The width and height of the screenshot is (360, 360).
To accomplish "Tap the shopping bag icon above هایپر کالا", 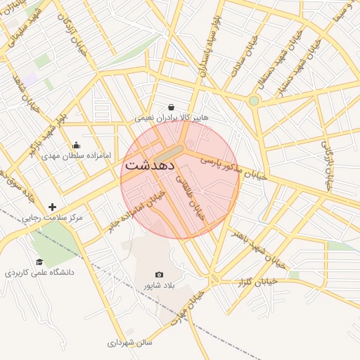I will (171, 108).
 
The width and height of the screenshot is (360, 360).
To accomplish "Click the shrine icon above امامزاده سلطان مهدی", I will (76, 145).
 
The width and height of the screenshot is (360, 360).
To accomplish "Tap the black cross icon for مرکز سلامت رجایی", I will (52, 207).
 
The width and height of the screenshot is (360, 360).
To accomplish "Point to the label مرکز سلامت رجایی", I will (50, 219).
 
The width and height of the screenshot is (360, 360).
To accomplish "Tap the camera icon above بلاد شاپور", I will (159, 274).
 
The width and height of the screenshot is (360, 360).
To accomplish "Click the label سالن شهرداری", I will (130, 343).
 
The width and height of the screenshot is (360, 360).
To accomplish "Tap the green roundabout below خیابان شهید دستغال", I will (254, 101).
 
